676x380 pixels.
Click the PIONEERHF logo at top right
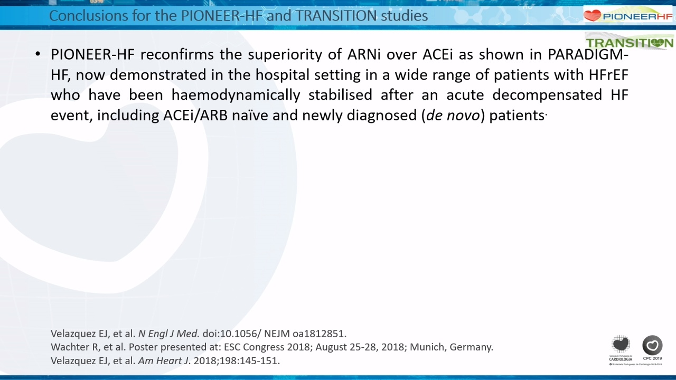click(628, 16)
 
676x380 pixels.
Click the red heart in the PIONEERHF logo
click(593, 16)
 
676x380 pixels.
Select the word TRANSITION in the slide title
click(336, 16)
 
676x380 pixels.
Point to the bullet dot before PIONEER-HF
click(37, 54)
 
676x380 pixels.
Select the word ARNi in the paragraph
click(364, 54)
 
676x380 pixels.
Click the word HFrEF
click(608, 75)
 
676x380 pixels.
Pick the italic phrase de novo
click(453, 115)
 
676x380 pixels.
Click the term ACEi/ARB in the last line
click(195, 115)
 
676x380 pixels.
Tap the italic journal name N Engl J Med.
click(168, 334)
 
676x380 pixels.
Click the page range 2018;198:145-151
click(237, 360)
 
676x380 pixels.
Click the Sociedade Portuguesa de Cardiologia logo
click(621, 348)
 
